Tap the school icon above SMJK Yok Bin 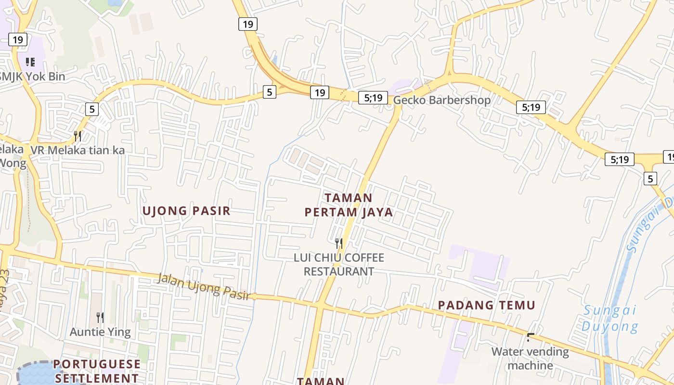pos(30,62)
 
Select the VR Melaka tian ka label pos(78,150)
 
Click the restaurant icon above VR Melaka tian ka pos(78,136)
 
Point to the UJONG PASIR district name pos(186,211)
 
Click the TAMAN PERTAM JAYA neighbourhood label pos(349,205)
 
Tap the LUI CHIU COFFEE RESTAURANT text pos(339,264)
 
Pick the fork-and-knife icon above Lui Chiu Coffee pos(339,243)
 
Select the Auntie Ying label pos(100,332)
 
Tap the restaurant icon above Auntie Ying pos(100,317)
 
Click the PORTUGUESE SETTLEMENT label pos(97,371)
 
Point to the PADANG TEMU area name pos(486,305)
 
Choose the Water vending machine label pos(530,359)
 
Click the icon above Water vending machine pos(531,337)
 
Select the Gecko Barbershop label pos(442,100)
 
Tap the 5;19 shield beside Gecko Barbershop pos(373,98)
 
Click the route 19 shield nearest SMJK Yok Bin pos(18,39)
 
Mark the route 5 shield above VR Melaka pos(92,109)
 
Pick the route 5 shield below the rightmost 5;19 pos(650,179)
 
